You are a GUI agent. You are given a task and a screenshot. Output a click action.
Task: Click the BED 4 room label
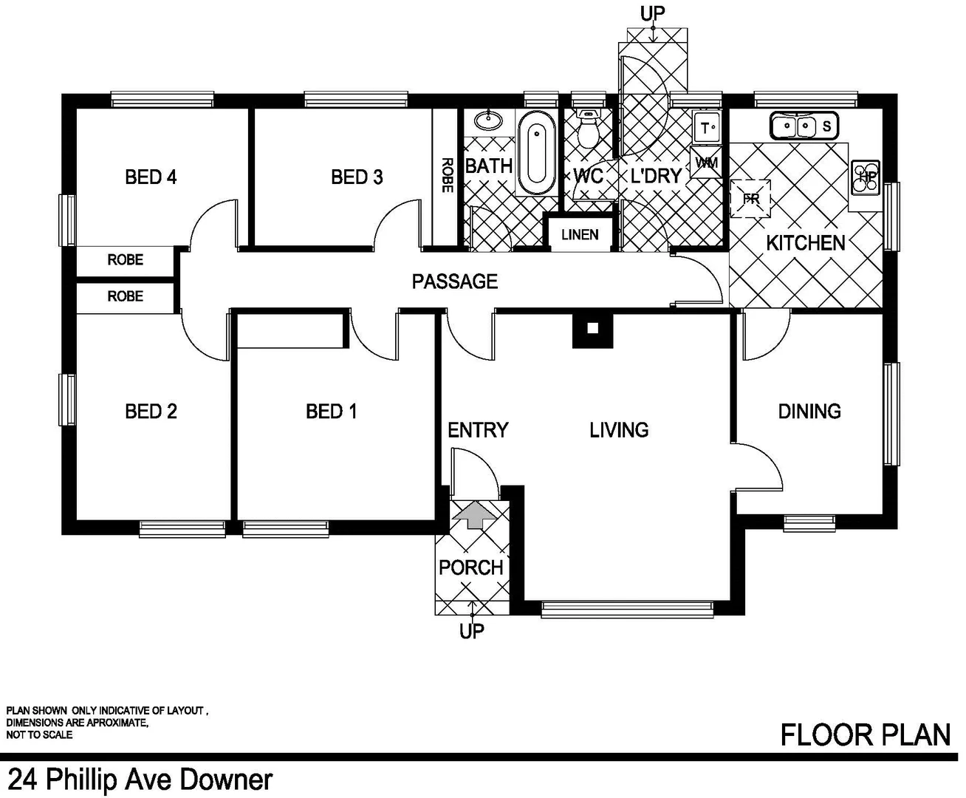151,177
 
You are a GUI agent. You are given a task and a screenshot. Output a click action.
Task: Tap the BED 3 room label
357,177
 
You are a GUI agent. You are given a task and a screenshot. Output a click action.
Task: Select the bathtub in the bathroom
536,152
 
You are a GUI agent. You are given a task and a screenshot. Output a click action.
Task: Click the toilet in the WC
589,130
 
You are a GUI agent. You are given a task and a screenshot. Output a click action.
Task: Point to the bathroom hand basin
487,120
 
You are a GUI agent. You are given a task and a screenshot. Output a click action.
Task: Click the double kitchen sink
804,126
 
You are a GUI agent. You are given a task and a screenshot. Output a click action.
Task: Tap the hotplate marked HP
866,177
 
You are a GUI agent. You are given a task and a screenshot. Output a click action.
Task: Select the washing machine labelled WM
706,163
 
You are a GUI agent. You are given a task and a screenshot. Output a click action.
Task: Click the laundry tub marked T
707,128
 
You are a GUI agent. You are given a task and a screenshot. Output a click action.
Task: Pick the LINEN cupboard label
580,235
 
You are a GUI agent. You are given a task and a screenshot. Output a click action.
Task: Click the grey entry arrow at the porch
473,514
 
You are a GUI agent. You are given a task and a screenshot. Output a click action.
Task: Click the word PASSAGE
454,282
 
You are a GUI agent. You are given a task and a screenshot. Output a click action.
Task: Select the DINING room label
809,411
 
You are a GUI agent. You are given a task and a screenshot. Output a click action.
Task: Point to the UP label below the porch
471,631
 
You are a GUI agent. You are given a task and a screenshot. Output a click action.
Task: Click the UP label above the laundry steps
652,13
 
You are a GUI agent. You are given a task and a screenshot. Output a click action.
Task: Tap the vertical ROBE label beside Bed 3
446,175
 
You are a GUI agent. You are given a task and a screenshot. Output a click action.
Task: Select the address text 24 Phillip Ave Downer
140,780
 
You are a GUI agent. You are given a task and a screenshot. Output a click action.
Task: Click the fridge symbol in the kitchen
750,199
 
